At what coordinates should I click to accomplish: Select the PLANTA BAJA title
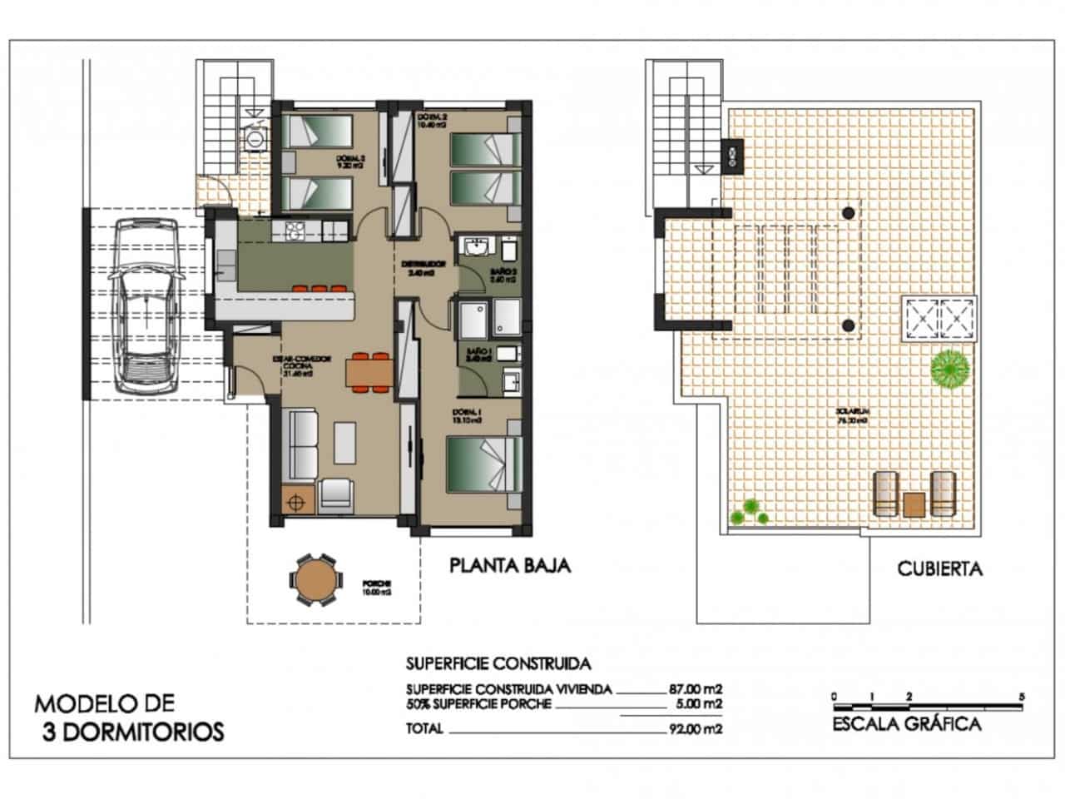[509, 566]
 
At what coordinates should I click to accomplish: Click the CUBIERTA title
[939, 569]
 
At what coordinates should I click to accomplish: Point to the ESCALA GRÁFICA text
[906, 723]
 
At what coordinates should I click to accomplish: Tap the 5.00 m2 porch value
[698, 704]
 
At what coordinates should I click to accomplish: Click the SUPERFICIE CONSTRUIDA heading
[498, 663]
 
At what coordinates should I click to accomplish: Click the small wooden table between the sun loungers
[914, 505]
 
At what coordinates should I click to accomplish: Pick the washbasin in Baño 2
[478, 247]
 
